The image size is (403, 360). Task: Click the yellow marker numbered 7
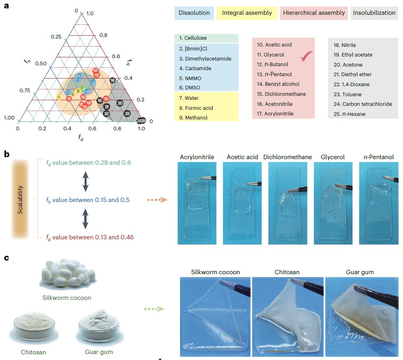59,98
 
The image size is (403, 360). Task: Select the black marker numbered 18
113,80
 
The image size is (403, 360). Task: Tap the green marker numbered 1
83,89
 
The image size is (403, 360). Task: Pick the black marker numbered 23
127,113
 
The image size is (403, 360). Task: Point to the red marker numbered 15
106,99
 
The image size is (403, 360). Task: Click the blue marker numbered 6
93,81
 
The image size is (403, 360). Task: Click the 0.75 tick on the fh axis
25,91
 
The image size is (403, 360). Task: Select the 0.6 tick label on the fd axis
92,129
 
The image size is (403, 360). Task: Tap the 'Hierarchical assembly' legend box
314,13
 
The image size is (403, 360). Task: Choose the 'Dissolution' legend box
194,13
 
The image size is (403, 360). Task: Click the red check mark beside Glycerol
306,57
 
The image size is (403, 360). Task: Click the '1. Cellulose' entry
193,38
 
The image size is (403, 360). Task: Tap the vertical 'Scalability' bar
20,199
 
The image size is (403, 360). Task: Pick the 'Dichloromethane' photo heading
288,157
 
